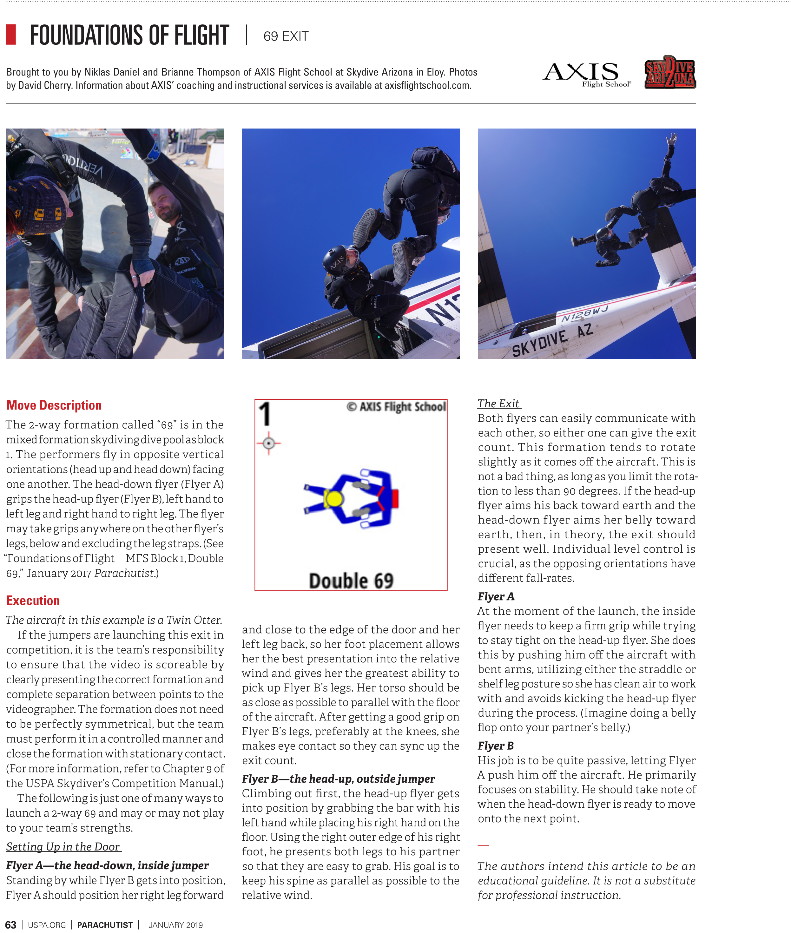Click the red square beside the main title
(11, 35)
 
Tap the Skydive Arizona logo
(669, 72)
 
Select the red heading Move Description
(54, 405)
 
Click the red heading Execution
(33, 600)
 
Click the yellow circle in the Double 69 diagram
(333, 499)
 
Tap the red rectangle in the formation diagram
(395, 499)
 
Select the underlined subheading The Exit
(498, 404)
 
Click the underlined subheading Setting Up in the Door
(63, 846)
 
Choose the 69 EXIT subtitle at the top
(286, 36)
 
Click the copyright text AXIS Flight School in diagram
(396, 407)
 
